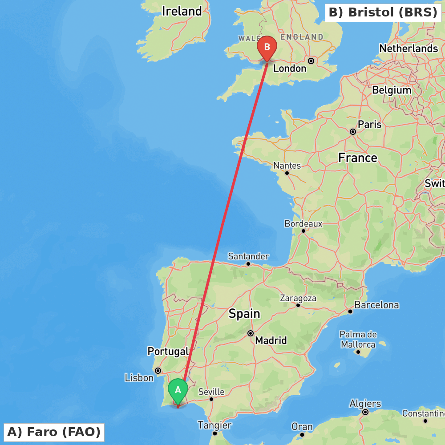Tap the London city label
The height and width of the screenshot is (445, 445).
[x=290, y=69]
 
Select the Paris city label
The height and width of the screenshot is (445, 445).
[x=370, y=125]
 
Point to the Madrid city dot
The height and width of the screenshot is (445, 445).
[x=251, y=333]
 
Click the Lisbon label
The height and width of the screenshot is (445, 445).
[x=139, y=378]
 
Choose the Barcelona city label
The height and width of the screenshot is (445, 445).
[x=376, y=305]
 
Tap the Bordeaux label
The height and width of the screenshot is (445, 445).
[x=303, y=224]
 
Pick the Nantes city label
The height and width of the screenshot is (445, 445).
[x=287, y=166]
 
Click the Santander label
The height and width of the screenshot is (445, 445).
[x=248, y=256]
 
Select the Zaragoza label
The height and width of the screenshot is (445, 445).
[x=298, y=298]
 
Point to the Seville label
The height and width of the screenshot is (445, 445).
[x=211, y=392]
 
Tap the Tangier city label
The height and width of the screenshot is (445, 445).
[x=215, y=425]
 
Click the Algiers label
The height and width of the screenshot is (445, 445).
[x=365, y=404]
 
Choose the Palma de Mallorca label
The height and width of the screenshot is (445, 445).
[x=358, y=340]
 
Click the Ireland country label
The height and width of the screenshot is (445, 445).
[x=182, y=11]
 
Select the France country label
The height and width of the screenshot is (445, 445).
[x=358, y=158]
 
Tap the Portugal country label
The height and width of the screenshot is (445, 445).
[x=168, y=352]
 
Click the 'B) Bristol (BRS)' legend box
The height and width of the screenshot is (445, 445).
[x=383, y=12]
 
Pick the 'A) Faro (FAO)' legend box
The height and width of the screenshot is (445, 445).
[x=54, y=432]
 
